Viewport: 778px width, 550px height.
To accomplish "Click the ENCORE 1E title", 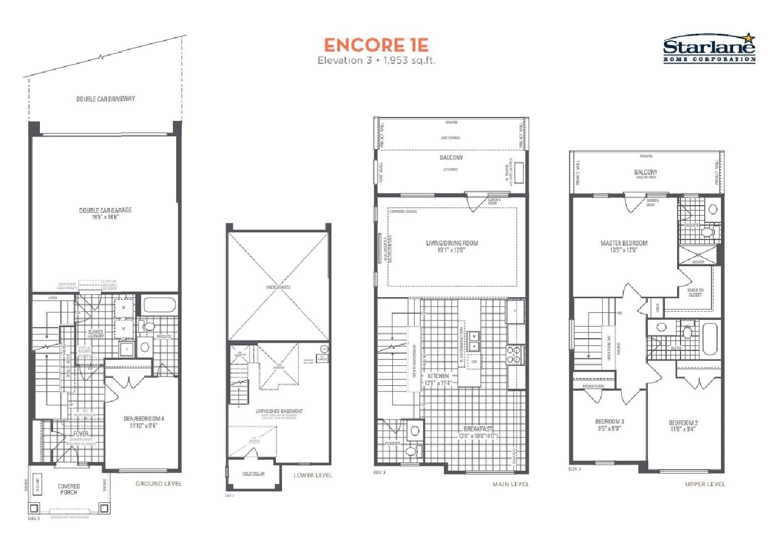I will click(x=376, y=45).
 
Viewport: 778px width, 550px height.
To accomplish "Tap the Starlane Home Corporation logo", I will click(x=709, y=49).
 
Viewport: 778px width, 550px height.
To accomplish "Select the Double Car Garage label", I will click(x=105, y=213).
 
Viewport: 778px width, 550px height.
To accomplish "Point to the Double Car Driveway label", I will click(x=105, y=99).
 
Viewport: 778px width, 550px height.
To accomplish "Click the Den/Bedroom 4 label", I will click(x=144, y=422).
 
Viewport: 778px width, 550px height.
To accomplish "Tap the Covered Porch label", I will click(x=69, y=489).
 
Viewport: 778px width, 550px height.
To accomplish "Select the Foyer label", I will click(x=81, y=434).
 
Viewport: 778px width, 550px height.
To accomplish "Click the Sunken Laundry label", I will click(x=95, y=334).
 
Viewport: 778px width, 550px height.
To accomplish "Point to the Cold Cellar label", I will click(x=253, y=474).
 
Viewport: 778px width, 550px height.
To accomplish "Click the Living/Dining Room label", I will click(x=452, y=246).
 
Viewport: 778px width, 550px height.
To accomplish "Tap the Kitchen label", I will click(x=438, y=379).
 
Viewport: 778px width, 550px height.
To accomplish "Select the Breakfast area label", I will click(x=478, y=432).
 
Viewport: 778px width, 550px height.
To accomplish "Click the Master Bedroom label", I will click(x=623, y=246).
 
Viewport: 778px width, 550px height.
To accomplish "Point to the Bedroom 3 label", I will click(x=609, y=425).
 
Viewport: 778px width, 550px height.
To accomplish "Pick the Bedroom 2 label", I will click(x=683, y=425).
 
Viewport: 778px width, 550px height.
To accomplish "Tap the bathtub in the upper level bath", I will click(x=709, y=339).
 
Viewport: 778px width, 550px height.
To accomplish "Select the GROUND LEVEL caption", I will click(x=158, y=483).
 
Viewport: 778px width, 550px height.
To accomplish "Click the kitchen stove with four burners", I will click(x=513, y=355).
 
